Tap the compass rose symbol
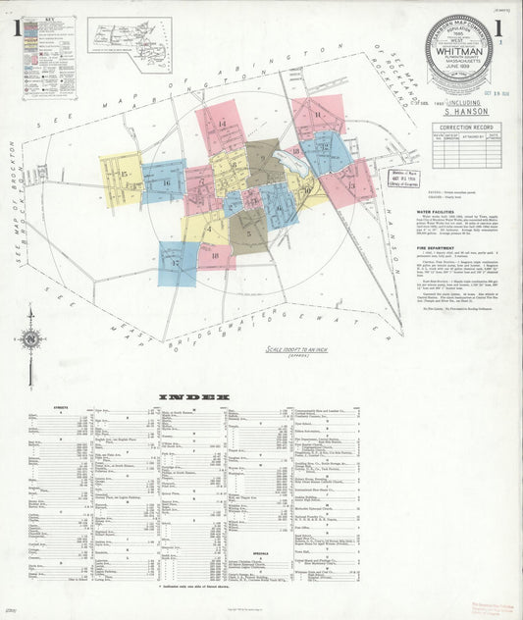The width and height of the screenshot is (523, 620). tap(30, 339)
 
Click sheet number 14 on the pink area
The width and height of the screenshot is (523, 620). tap(222, 124)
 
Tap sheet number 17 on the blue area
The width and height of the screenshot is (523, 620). tap(176, 262)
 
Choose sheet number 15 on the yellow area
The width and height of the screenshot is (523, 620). tap(124, 174)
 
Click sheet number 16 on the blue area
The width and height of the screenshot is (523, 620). tap(166, 182)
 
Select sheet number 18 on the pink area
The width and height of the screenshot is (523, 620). tap(215, 256)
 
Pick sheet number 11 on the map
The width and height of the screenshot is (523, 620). tap(319, 115)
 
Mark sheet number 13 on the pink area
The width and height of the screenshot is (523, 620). tap(350, 184)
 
